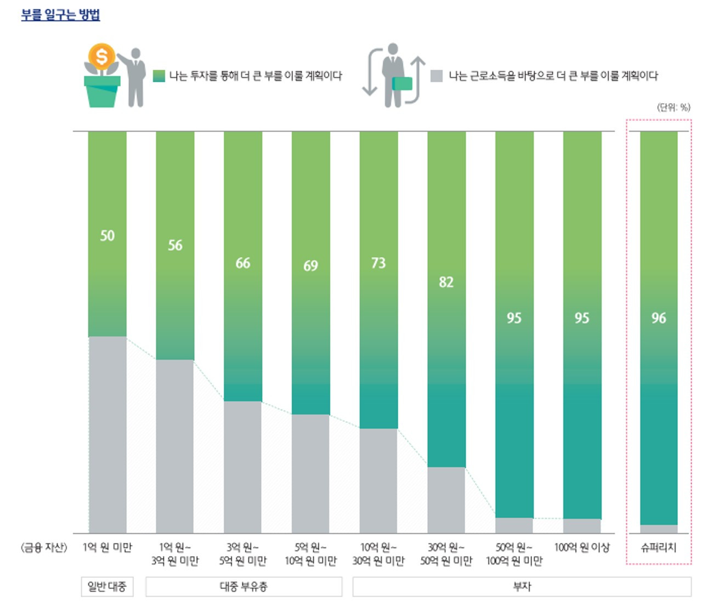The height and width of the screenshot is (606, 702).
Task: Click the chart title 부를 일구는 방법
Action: click(x=60, y=15)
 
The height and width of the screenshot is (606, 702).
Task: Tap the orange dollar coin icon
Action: click(x=101, y=56)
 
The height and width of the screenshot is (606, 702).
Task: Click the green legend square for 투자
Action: click(x=159, y=76)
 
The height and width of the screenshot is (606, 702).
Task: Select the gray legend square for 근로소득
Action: click(x=437, y=76)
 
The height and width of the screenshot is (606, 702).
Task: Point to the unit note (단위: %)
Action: click(x=673, y=107)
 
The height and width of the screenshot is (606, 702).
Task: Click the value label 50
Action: click(x=107, y=236)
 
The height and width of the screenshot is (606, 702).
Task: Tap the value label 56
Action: click(x=175, y=245)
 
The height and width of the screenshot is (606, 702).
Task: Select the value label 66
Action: click(x=243, y=263)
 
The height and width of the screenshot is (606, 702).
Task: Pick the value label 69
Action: click(x=310, y=266)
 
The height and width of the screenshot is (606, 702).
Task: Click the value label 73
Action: click(x=378, y=263)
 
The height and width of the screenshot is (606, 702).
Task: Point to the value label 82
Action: click(x=446, y=282)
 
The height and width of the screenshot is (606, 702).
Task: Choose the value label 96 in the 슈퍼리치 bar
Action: click(x=659, y=318)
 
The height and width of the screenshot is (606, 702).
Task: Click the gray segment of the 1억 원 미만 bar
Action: click(x=107, y=433)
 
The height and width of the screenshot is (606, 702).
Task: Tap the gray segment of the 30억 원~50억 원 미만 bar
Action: click(x=446, y=499)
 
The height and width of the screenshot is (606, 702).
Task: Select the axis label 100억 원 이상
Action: click(x=582, y=547)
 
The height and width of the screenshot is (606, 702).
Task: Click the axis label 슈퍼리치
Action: click(x=659, y=547)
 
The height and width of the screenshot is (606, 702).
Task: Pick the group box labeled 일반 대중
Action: click(x=107, y=586)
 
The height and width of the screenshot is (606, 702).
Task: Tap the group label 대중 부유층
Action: click(x=244, y=586)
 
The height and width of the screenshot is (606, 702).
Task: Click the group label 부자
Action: click(x=522, y=586)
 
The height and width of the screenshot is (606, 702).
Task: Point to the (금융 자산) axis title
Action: click(x=44, y=547)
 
